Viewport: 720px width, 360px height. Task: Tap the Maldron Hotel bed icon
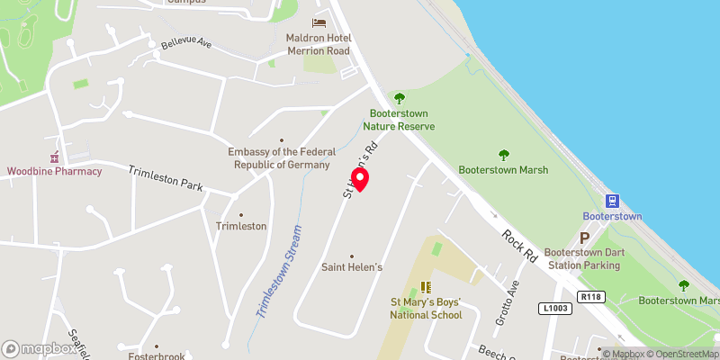click(x=319, y=22)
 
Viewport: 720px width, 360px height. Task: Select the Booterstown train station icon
click(x=612, y=201)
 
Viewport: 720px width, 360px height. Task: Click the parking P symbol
click(x=584, y=238)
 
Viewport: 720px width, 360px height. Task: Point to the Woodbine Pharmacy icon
click(x=54, y=157)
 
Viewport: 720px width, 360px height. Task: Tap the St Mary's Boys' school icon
click(x=425, y=287)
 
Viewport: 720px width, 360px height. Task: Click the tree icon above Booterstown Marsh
click(x=503, y=154)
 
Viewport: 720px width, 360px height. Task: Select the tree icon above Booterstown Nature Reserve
click(x=400, y=98)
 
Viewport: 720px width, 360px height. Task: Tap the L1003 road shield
click(x=554, y=309)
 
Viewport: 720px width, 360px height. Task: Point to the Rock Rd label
click(x=519, y=244)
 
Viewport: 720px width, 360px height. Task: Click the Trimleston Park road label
click(x=166, y=178)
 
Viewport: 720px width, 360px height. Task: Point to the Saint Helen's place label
click(x=352, y=267)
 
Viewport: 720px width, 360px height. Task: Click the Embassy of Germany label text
click(x=282, y=158)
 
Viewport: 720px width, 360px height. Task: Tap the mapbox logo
click(x=39, y=348)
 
